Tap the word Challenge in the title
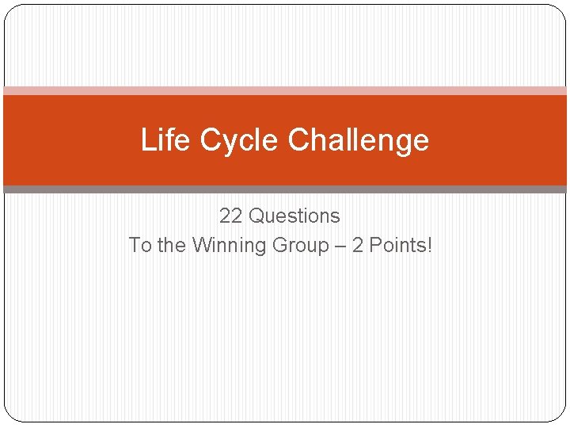(359, 140)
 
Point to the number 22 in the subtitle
(230, 216)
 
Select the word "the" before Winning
(171, 245)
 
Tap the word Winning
(230, 245)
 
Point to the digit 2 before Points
(358, 245)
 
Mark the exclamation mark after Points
(430, 245)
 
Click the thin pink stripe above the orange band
(285, 90)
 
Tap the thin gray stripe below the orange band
(285, 189)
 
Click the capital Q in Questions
(256, 216)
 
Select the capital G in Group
(279, 245)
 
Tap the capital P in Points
(374, 245)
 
